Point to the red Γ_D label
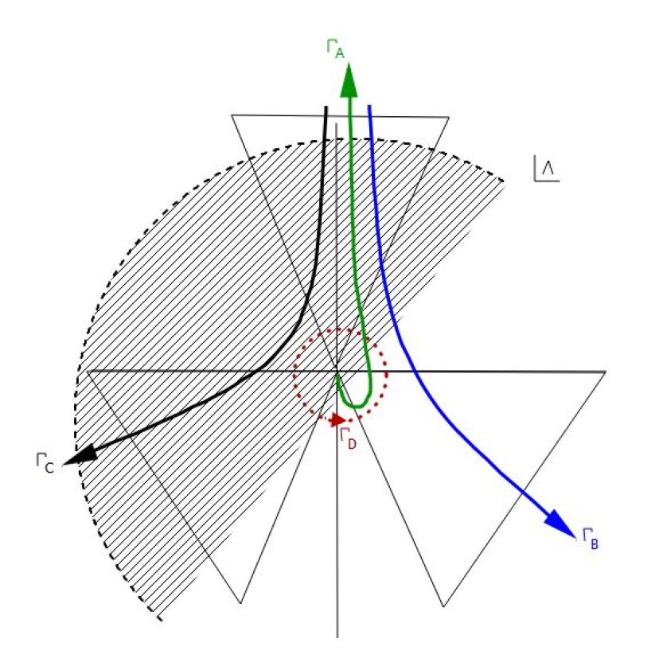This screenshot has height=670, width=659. pyautogui.click(x=348, y=437)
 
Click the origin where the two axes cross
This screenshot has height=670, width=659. pyautogui.click(x=337, y=371)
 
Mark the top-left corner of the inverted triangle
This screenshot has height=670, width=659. pyautogui.click(x=232, y=115)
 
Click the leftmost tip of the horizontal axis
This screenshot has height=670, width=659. pyautogui.click(x=86, y=371)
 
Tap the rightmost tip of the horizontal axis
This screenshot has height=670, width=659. pyautogui.click(x=606, y=371)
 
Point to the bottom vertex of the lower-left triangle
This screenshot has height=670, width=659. pyautogui.click(x=240, y=603)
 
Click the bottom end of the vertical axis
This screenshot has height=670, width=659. pyautogui.click(x=337, y=637)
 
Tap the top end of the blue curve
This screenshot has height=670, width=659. pyautogui.click(x=370, y=106)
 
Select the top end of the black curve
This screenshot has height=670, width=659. pyautogui.click(x=326, y=106)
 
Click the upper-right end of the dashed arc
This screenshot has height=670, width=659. pyautogui.click(x=505, y=181)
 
